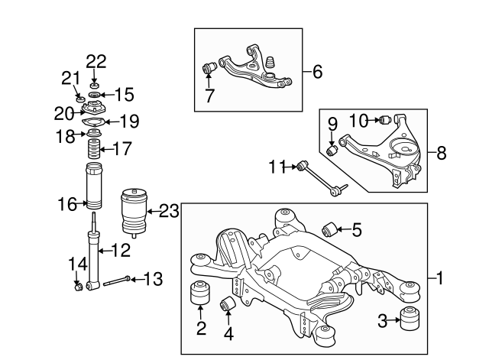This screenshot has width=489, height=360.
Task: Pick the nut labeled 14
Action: coord(77,287)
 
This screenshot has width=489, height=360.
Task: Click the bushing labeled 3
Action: coord(410,319)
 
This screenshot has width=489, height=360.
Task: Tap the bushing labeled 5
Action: coord(331,227)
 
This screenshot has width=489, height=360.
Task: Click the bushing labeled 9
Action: coord(332,149)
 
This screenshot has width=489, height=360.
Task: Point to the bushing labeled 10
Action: coord(386,119)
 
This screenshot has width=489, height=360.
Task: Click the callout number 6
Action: coord(317,73)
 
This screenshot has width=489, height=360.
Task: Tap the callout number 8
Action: coord(442,153)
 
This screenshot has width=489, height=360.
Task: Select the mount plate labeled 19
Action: coord(95,121)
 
